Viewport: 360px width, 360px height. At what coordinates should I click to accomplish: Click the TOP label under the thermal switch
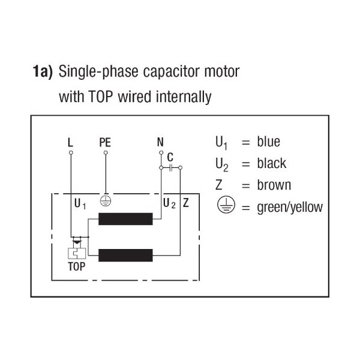coord(76,267)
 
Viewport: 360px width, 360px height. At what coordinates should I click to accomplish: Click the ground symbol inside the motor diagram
coord(106,202)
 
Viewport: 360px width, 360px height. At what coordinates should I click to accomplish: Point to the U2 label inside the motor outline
coord(169,203)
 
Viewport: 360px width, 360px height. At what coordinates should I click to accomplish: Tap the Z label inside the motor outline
coord(185,203)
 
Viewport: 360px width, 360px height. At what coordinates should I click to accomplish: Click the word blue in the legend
coord(268,142)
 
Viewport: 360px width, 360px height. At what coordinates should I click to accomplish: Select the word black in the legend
coord(272,163)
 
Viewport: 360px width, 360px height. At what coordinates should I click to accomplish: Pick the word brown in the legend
coord(274,185)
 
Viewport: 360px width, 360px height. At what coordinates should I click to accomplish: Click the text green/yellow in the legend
coord(290,208)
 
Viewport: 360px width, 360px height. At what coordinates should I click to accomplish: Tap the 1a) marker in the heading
coord(43,73)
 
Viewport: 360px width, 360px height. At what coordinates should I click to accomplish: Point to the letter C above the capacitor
coord(171,157)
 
